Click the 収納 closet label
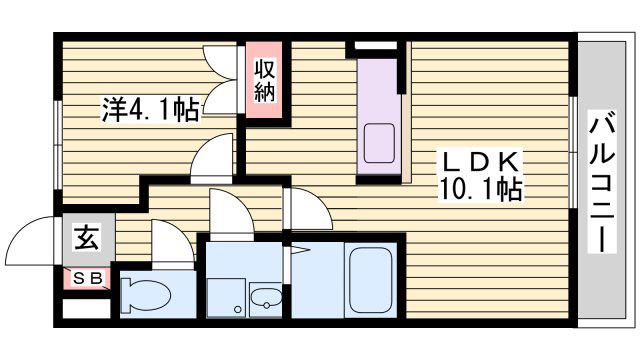pos(264,80)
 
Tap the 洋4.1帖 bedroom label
pos(150,109)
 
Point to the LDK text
pos(480,162)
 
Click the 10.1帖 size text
pos(480,189)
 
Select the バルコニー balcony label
pos(602,184)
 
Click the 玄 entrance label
pos(87,238)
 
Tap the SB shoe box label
pos(87,278)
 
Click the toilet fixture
pos(145,294)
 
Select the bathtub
pos(371,280)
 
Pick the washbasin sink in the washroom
pos(266,300)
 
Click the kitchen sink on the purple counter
pos(379,143)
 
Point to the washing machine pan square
pos(226,298)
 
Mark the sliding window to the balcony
pos(573,152)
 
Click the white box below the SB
pos(87,308)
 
